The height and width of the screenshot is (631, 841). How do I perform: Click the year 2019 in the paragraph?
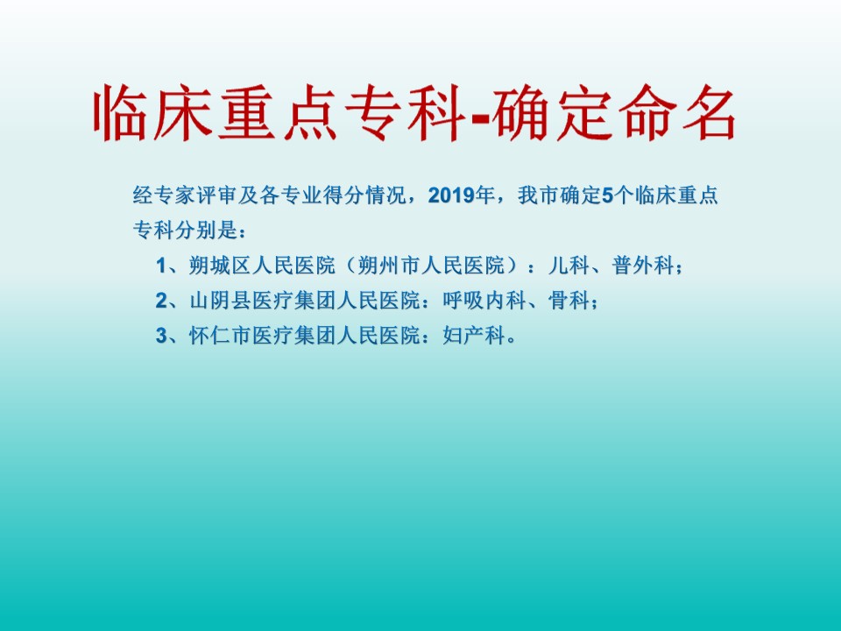coord(451,195)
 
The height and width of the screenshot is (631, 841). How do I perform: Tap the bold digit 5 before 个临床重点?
coord(607,195)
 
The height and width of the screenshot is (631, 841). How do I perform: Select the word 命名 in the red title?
coord(677,113)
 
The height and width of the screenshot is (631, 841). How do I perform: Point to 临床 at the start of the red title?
coord(152,113)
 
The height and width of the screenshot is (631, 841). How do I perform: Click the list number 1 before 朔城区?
coord(161,266)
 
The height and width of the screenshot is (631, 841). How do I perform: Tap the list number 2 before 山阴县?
coord(161,301)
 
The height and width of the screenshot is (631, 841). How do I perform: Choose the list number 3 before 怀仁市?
coord(161,336)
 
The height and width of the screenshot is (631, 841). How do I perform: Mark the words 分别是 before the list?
coord(207,230)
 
